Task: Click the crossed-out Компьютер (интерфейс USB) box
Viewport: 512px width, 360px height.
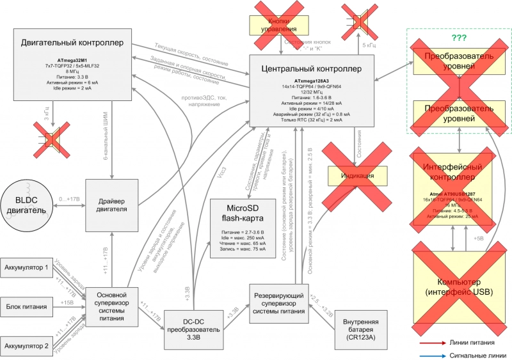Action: click(x=454, y=287)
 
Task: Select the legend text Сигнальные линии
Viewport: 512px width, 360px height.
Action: click(x=471, y=354)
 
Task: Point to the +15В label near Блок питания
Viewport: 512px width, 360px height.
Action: click(x=66, y=302)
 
